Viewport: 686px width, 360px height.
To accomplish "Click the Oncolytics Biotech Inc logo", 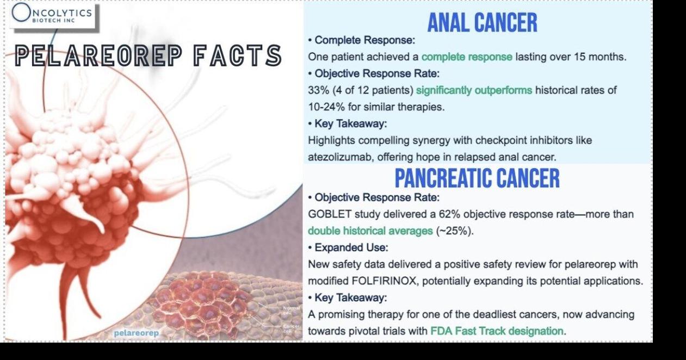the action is coord(52,15).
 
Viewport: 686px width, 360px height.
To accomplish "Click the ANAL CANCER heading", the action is coord(483,23).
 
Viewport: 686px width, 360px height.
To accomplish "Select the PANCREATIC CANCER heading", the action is coord(477,178).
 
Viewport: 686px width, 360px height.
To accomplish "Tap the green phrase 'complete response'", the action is coord(467,57).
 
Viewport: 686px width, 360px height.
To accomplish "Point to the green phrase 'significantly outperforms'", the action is coord(474,90).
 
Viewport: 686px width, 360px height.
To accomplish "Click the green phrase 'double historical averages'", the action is coord(370,231).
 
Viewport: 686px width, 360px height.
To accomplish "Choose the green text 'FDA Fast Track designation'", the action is coord(497,331).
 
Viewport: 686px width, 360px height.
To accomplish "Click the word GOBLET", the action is coord(330,214).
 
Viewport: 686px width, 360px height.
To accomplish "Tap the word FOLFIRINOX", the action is coord(384,281).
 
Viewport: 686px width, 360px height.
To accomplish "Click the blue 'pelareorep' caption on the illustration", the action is coord(137,333).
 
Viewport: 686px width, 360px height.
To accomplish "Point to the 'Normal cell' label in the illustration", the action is coord(291,310).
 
